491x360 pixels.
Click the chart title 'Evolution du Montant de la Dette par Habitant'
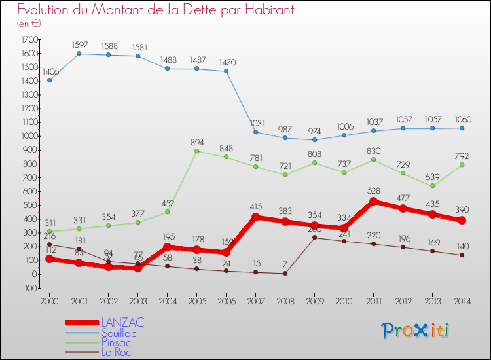(x=155, y=10)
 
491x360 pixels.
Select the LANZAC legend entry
(x=122, y=323)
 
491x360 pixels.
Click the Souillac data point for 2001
(x=79, y=54)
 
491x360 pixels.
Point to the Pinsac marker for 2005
(x=196, y=151)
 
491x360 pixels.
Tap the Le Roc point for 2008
(x=285, y=273)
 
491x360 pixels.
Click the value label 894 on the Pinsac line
(x=196, y=141)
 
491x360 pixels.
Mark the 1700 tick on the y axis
(x=29, y=39)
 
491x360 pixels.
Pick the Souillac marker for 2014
(x=462, y=128)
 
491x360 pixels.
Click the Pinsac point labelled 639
(x=432, y=186)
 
